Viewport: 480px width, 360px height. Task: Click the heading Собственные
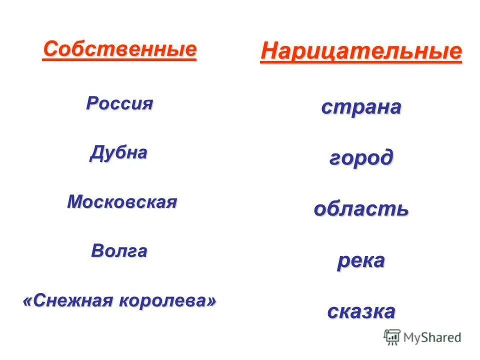pos(119,49)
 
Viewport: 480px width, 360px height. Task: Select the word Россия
pos(119,103)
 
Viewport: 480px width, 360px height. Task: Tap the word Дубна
pos(119,152)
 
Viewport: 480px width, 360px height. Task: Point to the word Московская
pos(122,202)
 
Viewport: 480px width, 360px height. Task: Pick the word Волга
pos(119,250)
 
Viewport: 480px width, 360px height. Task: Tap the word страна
pos(361,107)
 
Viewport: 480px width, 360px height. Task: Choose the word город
pos(361,158)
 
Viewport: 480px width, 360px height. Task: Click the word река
pos(361,260)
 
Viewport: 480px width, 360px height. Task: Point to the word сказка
pos(361,311)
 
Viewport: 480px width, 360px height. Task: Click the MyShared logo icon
pos(392,337)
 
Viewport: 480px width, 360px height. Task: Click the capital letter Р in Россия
pos(91,103)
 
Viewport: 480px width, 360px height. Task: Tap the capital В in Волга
pos(97,250)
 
